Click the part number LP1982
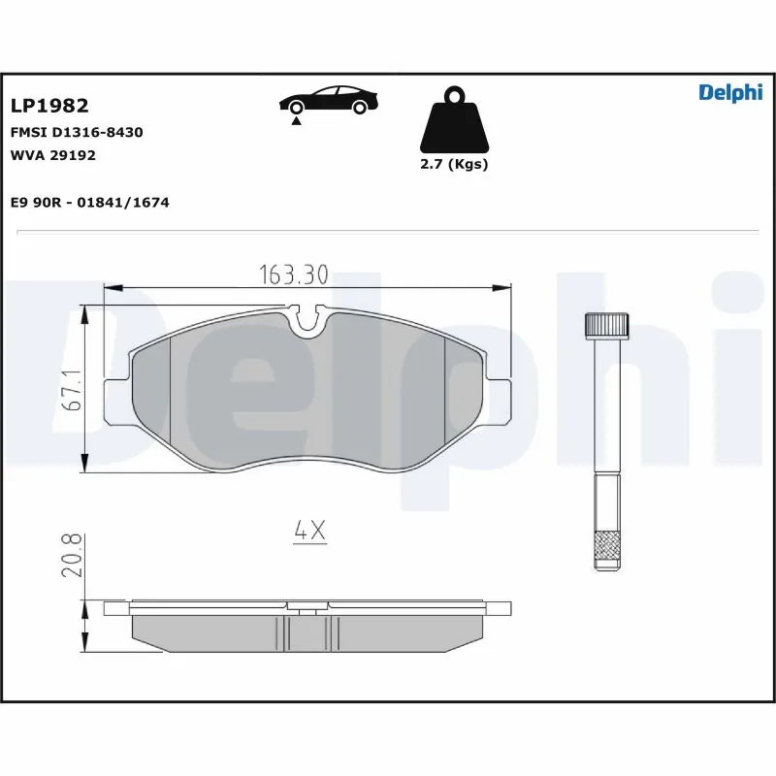coord(49,106)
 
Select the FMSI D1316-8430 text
coord(77,132)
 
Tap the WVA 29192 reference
coord(53,154)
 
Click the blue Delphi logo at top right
coord(729,92)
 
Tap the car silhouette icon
coord(327,100)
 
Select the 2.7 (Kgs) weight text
coord(454,164)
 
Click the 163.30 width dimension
coord(293,275)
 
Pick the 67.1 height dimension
coord(70,389)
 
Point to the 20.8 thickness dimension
coord(71,555)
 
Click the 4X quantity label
coord(308,531)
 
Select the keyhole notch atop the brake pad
coord(308,318)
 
